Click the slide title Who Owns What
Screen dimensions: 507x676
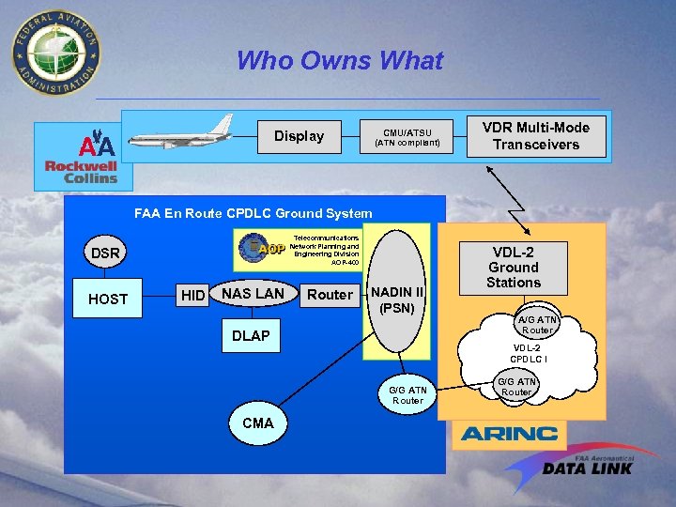pyautogui.click(x=339, y=62)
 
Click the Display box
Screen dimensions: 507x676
pyautogui.click(x=299, y=136)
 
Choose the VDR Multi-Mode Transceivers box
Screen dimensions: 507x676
pyautogui.click(x=536, y=136)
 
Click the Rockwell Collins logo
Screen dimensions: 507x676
pyautogui.click(x=82, y=172)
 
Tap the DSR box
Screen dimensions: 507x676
pyautogui.click(x=105, y=253)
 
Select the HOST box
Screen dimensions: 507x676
pyautogui.click(x=107, y=299)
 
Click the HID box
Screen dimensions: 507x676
pyautogui.click(x=192, y=296)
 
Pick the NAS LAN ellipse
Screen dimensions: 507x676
pyautogui.click(x=253, y=294)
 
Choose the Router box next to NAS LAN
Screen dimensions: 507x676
pyautogui.click(x=330, y=295)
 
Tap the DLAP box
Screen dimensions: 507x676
pyautogui.click(x=251, y=335)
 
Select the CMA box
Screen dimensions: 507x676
pyautogui.click(x=257, y=422)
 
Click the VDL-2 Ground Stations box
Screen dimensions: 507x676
pyautogui.click(x=514, y=267)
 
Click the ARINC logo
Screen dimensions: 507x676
pyautogui.click(x=508, y=434)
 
